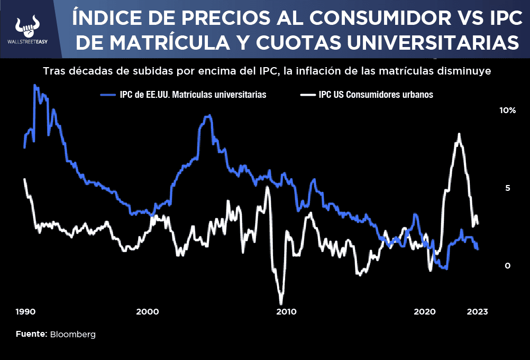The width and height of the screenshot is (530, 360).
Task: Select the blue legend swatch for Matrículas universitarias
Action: [108, 95]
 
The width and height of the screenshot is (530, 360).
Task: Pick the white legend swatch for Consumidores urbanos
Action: [308, 95]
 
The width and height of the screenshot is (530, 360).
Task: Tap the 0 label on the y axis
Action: [507, 265]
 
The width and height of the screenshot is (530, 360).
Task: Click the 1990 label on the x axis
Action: [26, 312]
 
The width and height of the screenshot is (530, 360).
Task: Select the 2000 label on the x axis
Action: [147, 312]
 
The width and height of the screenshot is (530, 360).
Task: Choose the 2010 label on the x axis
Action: [286, 312]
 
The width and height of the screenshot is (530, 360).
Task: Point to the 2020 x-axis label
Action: [424, 312]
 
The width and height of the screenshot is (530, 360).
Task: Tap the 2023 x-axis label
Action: [477, 312]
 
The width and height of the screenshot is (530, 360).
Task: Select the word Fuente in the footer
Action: [31, 335]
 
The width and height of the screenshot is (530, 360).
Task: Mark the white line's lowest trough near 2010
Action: [281, 303]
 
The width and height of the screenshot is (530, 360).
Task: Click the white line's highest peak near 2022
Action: [459, 134]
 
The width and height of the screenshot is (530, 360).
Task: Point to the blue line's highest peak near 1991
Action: [35, 85]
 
